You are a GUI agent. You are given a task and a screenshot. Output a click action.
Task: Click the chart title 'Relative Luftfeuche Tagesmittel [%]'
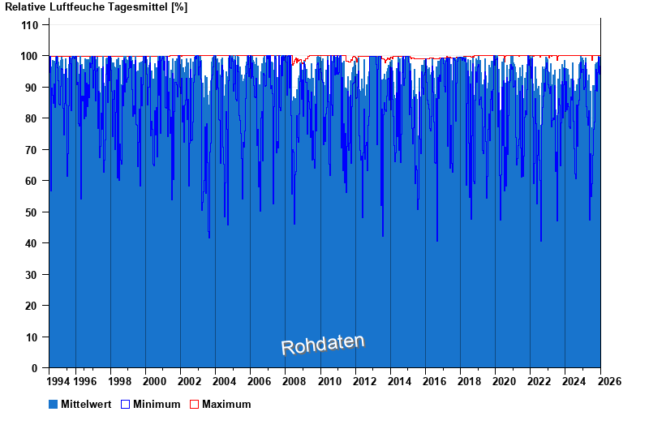97,7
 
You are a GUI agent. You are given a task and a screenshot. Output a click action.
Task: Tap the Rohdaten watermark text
323,345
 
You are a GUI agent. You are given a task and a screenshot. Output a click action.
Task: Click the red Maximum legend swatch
195,404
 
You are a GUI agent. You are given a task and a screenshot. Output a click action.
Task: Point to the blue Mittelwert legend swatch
54,404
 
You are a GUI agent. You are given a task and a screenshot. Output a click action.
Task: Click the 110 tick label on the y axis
30,25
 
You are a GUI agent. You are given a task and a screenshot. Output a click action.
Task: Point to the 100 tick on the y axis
30,56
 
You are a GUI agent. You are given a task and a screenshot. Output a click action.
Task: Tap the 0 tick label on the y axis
36,368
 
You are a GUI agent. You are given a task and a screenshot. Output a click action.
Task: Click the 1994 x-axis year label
58,381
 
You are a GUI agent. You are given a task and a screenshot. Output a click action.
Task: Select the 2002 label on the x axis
190,381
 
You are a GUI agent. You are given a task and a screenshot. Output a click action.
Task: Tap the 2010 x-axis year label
329,381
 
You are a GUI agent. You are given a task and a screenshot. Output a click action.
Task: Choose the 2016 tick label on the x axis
434,381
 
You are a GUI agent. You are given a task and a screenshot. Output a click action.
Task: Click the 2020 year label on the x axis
504,381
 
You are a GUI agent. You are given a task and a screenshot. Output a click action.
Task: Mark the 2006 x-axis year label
260,381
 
